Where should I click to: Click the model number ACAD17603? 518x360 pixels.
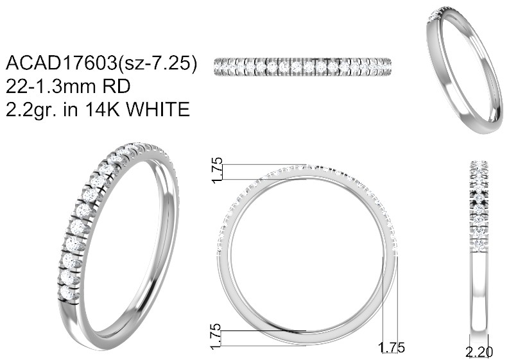[62, 62]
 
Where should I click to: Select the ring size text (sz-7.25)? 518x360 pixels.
[157, 63]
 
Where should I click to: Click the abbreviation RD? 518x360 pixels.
[117, 86]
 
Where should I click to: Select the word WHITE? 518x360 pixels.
[159, 109]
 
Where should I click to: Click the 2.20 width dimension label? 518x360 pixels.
[479, 352]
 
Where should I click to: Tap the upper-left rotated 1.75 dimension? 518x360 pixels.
[217, 170]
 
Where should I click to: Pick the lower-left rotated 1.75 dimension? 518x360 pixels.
[216, 336]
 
